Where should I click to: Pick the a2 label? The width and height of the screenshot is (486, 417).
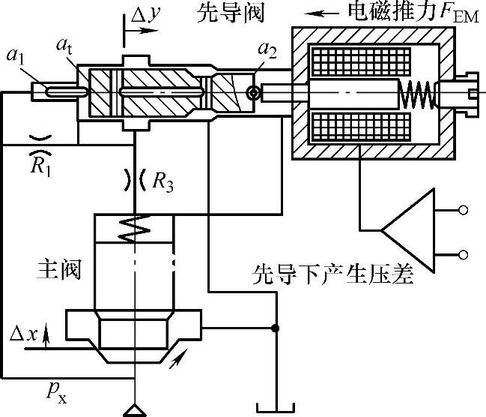(x=264, y=51)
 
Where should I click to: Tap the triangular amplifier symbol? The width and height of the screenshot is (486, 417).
(x=408, y=224)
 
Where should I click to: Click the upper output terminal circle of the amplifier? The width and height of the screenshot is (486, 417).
(x=465, y=210)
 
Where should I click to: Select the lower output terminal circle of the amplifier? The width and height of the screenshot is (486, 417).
(x=465, y=254)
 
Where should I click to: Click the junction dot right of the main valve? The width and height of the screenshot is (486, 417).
(x=276, y=328)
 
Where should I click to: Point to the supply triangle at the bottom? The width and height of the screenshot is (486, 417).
(x=135, y=409)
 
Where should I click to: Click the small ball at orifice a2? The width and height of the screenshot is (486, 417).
(x=255, y=92)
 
